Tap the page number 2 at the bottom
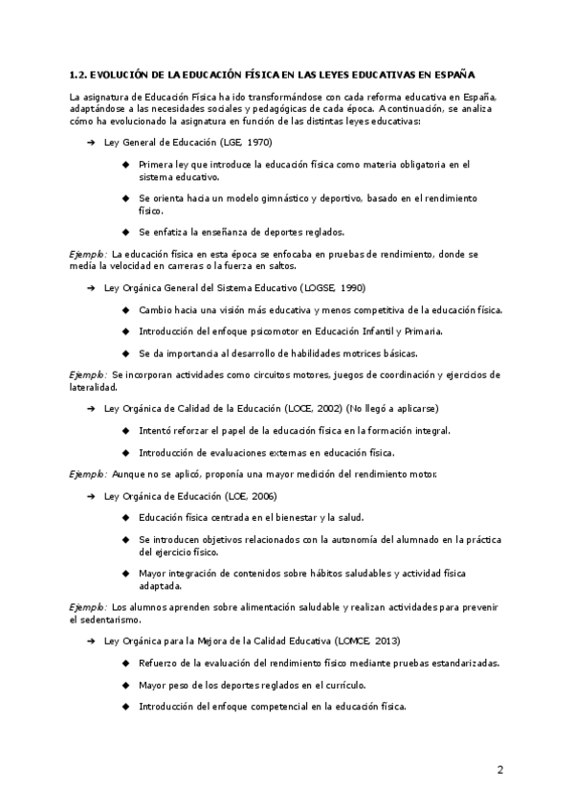(499, 769)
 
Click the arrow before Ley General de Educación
(90, 142)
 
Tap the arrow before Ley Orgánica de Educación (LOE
(90, 496)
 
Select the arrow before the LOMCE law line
(90, 640)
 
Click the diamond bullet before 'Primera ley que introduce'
(126, 165)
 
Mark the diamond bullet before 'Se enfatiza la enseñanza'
(126, 231)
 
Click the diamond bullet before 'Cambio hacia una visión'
(126, 310)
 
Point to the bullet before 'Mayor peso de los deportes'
(126, 685)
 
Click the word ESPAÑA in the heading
(455, 73)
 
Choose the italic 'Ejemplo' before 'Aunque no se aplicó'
(87, 474)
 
